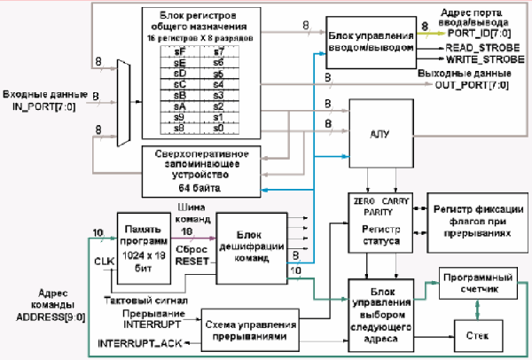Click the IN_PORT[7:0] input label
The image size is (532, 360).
(x=39, y=106)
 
